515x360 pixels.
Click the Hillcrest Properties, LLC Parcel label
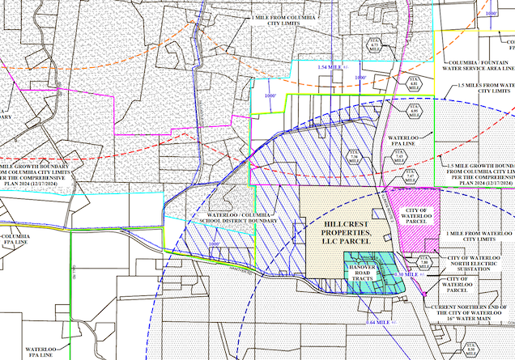(340, 231)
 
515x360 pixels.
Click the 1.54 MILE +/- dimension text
(330, 66)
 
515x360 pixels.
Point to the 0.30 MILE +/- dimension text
(411, 276)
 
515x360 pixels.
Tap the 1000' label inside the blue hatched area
(215, 243)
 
